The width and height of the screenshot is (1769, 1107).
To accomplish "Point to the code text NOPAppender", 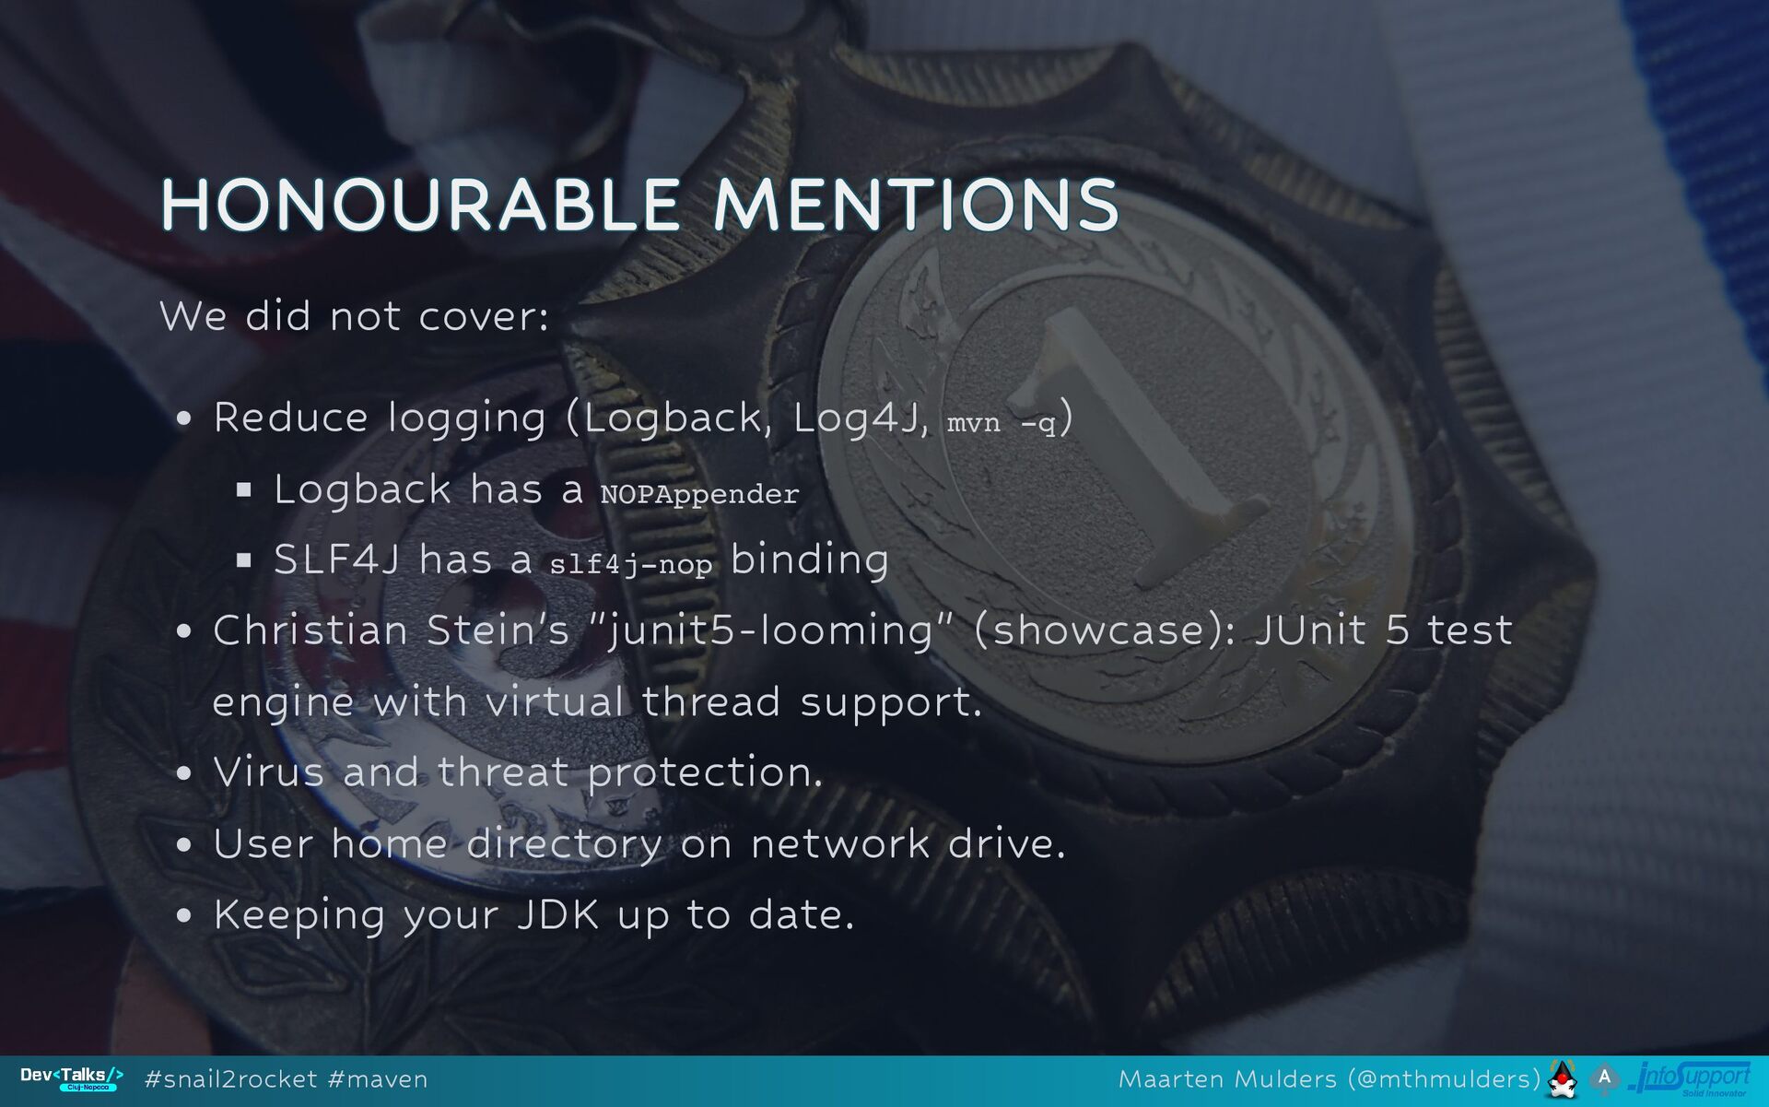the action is tap(699, 494).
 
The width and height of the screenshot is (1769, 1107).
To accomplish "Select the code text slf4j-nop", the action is tap(631, 563).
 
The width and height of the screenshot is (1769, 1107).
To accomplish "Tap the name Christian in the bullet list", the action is tap(310, 630).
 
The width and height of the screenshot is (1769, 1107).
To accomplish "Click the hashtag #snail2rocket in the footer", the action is tap(231, 1079).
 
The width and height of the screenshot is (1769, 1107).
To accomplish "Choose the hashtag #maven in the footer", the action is tap(378, 1079).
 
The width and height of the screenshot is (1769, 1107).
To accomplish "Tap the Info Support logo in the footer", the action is tap(1690, 1078).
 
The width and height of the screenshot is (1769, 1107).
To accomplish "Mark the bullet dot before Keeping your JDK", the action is tap(184, 915).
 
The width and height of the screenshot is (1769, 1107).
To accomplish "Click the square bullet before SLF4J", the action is tap(244, 559).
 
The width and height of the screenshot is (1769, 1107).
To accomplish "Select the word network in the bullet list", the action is tap(840, 844).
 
